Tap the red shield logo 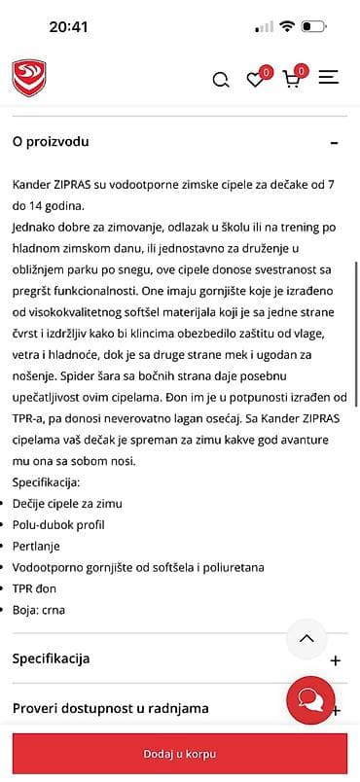coord(29,78)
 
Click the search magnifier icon coord(221,80)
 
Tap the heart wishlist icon coord(256,80)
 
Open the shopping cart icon coord(291,80)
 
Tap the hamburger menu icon coord(328,78)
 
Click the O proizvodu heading coord(51,141)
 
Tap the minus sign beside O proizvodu coord(335,142)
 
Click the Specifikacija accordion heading coord(51,658)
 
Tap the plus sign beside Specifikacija coord(336,659)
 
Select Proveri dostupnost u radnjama coord(110,709)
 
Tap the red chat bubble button coord(310,700)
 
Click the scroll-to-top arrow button coord(306,639)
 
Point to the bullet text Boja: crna coord(39,611)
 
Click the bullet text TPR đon coord(35,589)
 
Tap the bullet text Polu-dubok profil coord(58,525)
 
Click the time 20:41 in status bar coord(68,27)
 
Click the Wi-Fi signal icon coord(287,27)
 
